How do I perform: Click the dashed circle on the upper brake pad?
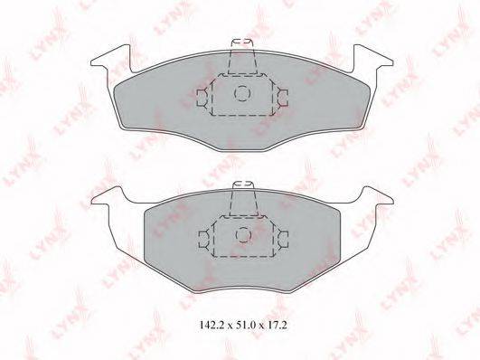(235, 93)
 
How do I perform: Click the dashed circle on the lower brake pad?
(237, 235)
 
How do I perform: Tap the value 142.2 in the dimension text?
(211, 325)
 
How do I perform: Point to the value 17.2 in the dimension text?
(277, 325)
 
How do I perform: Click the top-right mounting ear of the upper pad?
(371, 57)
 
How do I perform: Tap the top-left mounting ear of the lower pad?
(108, 195)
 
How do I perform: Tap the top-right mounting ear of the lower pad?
(377, 195)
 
